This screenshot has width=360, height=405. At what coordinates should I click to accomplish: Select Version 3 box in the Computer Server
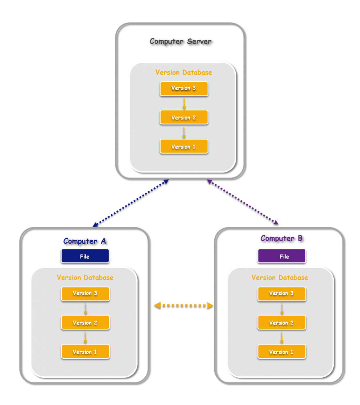tap(184, 88)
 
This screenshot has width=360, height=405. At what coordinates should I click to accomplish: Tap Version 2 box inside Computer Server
tap(184, 117)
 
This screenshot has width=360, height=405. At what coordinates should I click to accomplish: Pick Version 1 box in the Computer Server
tap(184, 147)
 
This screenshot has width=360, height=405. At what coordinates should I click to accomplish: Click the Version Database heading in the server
tap(184, 72)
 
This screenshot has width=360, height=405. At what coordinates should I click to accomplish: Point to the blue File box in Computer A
tap(85, 256)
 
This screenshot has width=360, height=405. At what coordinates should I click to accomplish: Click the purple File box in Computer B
tap(282, 256)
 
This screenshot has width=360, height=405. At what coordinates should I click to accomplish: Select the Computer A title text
tap(85, 241)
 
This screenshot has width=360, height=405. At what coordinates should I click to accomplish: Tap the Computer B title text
tap(282, 239)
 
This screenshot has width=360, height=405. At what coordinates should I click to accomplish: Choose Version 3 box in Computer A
tap(85, 293)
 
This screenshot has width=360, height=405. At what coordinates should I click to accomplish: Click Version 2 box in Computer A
tap(85, 323)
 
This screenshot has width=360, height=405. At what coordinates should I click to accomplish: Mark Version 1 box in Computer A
tap(85, 352)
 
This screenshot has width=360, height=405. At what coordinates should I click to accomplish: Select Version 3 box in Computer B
tap(282, 293)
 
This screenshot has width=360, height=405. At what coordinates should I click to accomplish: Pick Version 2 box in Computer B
tap(282, 323)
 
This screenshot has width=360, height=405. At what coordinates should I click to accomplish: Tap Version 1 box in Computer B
tap(282, 352)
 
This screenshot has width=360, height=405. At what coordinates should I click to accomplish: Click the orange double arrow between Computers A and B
tap(183, 306)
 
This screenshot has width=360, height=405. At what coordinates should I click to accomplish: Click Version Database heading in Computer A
tap(85, 277)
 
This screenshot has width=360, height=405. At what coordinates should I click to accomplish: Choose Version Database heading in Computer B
tap(280, 277)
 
